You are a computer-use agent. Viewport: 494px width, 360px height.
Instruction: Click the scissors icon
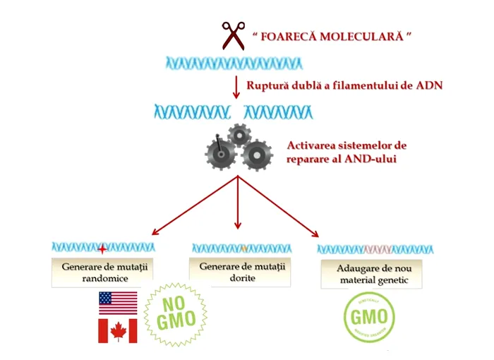click(x=234, y=35)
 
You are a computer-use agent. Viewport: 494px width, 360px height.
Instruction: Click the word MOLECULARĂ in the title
click(x=361, y=37)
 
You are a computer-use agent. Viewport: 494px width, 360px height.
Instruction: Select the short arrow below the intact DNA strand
click(x=236, y=87)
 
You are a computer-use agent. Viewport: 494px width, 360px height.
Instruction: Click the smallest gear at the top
click(x=239, y=136)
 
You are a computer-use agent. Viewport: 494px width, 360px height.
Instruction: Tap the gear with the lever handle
click(x=221, y=154)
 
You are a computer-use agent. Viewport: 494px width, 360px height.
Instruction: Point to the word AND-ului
click(x=370, y=159)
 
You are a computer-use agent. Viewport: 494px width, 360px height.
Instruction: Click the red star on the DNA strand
click(x=102, y=249)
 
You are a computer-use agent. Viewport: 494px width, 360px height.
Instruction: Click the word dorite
click(x=242, y=278)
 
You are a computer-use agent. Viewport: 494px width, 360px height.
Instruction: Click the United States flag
click(x=118, y=303)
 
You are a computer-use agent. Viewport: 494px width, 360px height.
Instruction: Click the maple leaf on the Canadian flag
click(x=118, y=331)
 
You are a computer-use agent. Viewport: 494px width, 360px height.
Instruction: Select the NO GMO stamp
click(x=176, y=315)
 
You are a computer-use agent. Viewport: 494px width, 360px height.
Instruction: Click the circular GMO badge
click(x=369, y=317)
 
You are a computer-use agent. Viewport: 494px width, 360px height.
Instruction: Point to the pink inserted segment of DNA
click(x=378, y=250)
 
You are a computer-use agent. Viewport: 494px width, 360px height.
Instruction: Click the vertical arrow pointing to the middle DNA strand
click(x=238, y=203)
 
